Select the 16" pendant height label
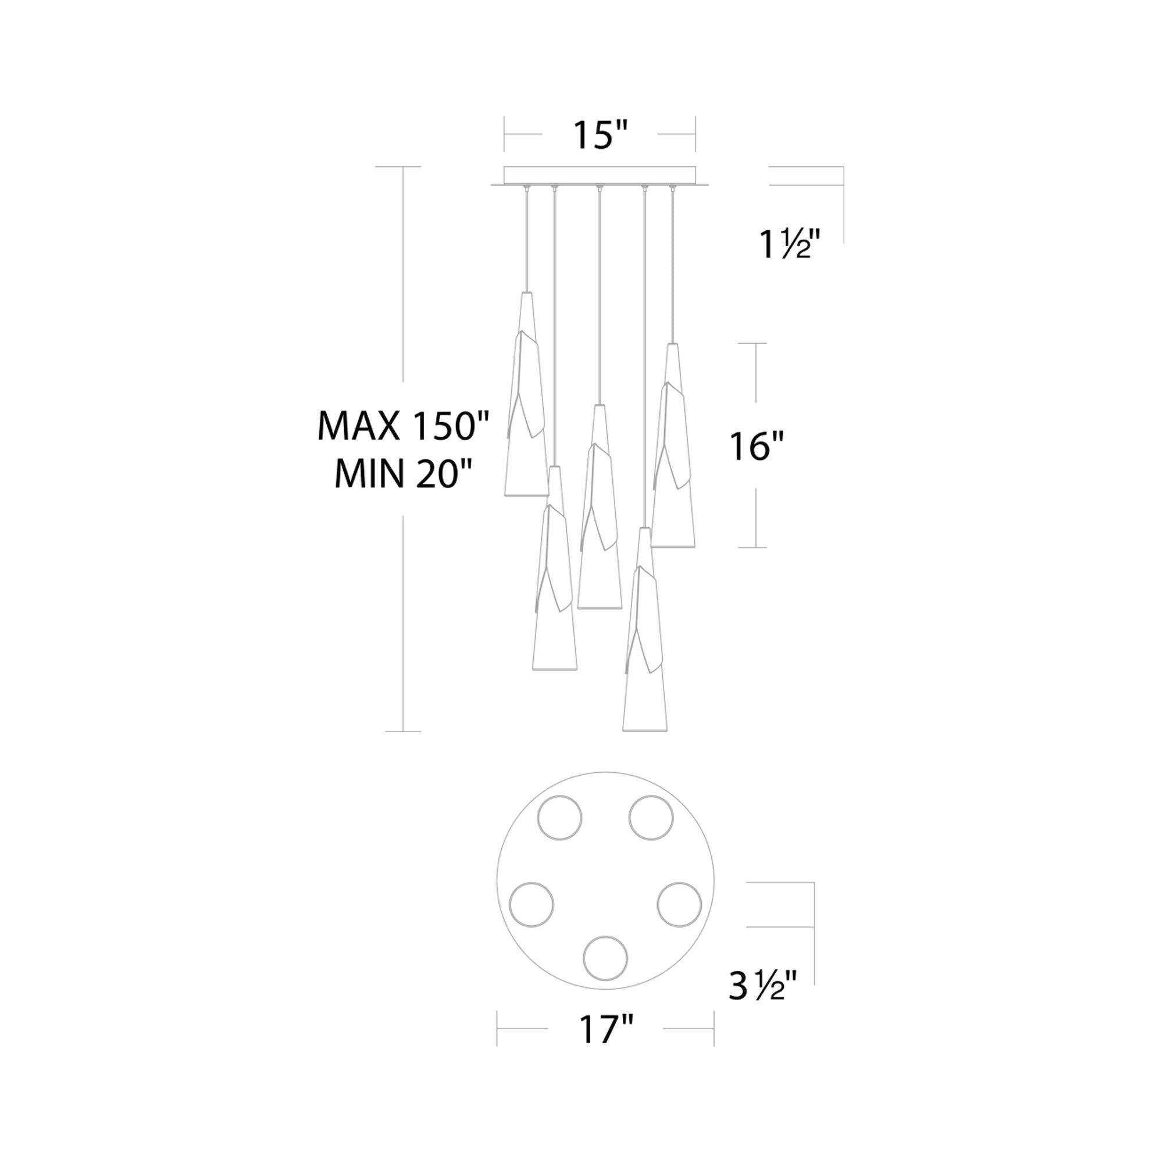(757, 447)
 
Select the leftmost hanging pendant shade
(526, 394)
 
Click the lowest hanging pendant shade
(645, 630)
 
